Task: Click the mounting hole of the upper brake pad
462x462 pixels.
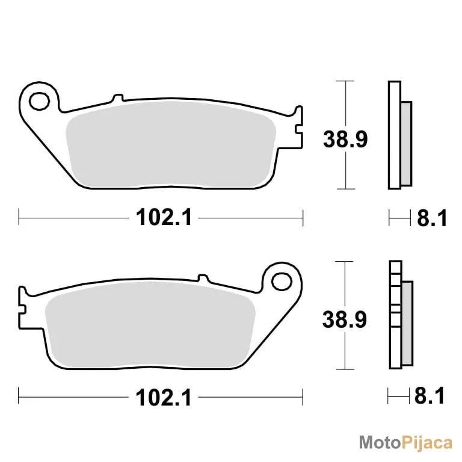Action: pyautogui.click(x=39, y=101)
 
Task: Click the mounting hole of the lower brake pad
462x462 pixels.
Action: pyautogui.click(x=282, y=282)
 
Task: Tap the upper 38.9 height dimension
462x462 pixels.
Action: pyautogui.click(x=345, y=139)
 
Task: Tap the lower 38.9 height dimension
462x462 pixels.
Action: pyautogui.click(x=345, y=319)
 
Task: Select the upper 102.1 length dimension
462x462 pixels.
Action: pyautogui.click(x=164, y=217)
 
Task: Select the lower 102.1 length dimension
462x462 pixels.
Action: pyautogui.click(x=164, y=398)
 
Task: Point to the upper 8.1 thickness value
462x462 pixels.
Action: pyautogui.click(x=432, y=218)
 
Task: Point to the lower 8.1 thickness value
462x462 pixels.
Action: pyautogui.click(x=430, y=396)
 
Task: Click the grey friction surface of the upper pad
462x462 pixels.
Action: pyautogui.click(x=171, y=144)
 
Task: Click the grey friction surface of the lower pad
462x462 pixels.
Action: pyautogui.click(x=150, y=325)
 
